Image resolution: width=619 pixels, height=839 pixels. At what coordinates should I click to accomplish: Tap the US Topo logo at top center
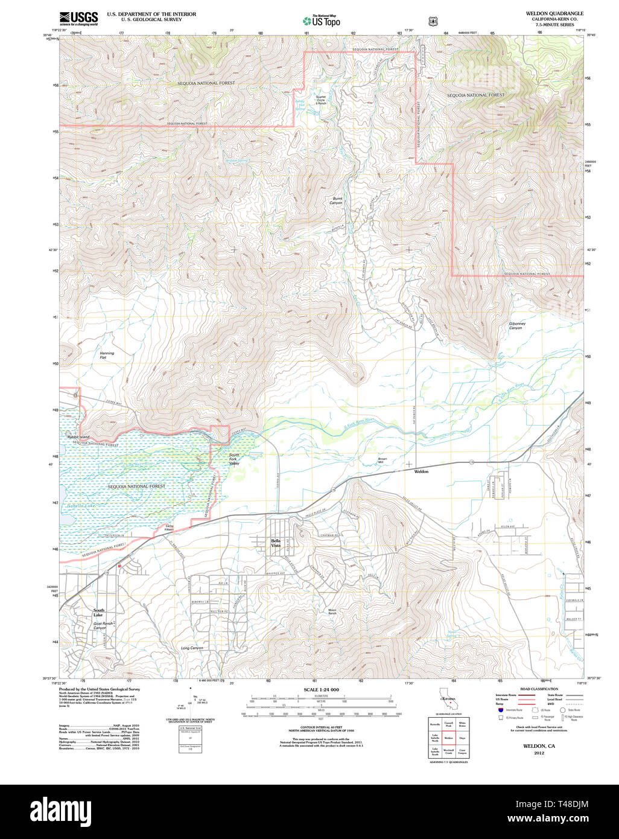(321, 21)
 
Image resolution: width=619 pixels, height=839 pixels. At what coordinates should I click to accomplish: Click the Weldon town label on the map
(421, 471)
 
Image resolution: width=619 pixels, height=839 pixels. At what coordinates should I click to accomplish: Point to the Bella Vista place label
(276, 543)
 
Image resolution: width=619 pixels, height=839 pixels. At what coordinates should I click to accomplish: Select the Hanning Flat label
(107, 355)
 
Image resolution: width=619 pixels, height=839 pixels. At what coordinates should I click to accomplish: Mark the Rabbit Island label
(78, 436)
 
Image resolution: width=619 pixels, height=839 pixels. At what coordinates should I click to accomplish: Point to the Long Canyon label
(192, 648)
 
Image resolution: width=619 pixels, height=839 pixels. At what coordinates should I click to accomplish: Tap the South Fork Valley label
(234, 459)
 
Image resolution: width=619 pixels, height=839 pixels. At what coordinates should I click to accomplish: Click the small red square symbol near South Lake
(119, 566)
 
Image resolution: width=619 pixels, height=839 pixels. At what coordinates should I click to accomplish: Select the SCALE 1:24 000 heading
(321, 689)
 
